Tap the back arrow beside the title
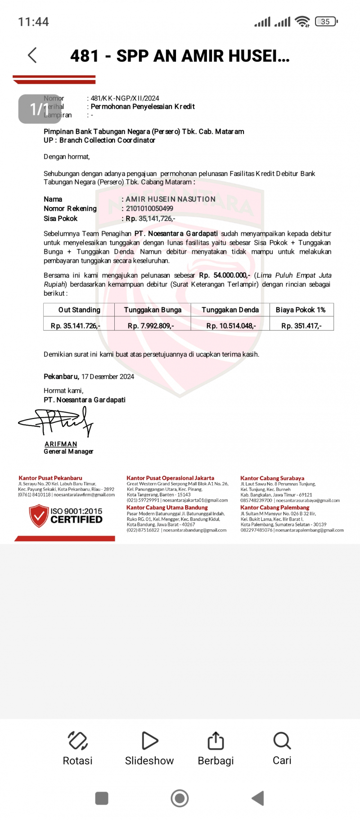32,55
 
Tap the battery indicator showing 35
326,21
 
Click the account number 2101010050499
149,208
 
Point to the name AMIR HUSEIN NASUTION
171,199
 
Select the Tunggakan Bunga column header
153,310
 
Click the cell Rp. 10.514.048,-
231,325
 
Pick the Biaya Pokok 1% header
301,310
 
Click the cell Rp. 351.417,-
301,325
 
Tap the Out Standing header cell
79,310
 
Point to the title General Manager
68,451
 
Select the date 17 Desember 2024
108,377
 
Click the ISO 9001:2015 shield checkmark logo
39,516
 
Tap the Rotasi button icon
77,740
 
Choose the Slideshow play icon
149,740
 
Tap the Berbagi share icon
216,740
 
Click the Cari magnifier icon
282,740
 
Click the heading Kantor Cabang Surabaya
272,478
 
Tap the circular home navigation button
180,798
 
